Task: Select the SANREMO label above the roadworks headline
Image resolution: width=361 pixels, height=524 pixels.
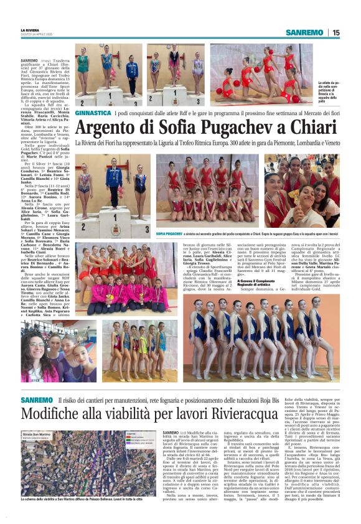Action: [x=36, y=399]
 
